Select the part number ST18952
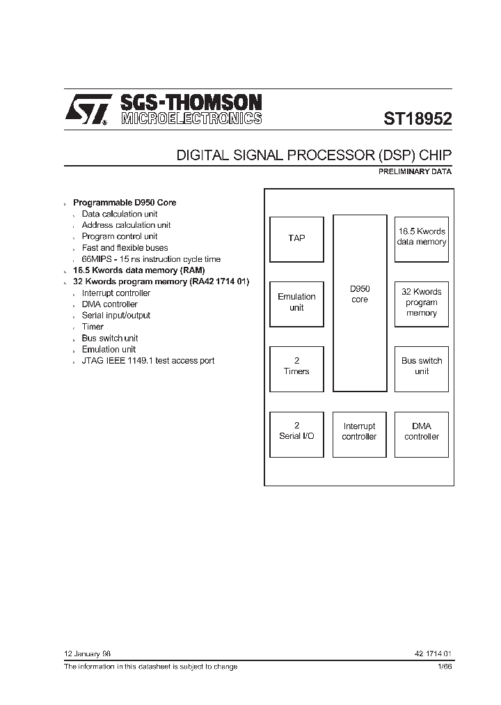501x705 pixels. click(417, 118)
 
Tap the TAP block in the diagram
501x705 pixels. click(296, 238)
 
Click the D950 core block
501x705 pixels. click(360, 302)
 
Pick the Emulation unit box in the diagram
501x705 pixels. click(296, 302)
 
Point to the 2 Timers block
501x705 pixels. click(296, 366)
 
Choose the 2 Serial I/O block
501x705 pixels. click(296, 431)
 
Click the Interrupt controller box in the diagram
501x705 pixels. click(359, 431)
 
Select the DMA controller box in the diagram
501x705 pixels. click(422, 431)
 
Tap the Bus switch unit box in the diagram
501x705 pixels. click(422, 366)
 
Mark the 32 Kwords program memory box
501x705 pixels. click(422, 302)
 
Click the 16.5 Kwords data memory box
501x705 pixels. click(422, 238)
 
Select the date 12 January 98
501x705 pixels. click(87, 654)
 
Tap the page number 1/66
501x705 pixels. click(445, 667)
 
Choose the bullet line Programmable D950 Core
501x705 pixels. click(125, 203)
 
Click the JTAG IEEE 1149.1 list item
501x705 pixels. click(148, 361)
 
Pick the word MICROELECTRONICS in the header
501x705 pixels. click(191, 118)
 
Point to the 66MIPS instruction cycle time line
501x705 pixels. click(151, 259)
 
